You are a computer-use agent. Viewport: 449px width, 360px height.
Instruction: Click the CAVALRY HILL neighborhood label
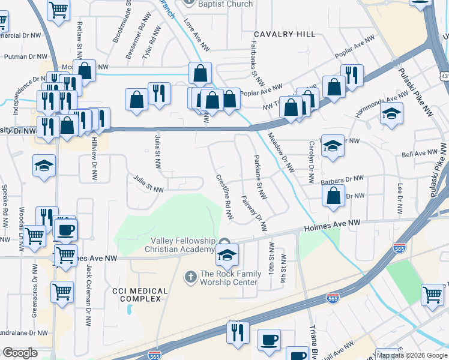click(x=284, y=34)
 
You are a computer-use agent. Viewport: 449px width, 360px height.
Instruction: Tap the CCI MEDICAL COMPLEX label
click(x=140, y=295)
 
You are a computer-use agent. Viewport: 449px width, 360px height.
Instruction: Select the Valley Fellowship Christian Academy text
click(x=182, y=245)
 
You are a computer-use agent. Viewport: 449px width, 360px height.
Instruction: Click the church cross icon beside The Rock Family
click(x=190, y=277)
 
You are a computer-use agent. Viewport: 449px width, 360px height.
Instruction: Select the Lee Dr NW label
click(x=399, y=199)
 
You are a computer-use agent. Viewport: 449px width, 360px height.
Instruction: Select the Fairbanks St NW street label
click(x=256, y=62)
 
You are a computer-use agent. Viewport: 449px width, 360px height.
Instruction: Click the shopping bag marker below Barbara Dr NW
click(x=333, y=196)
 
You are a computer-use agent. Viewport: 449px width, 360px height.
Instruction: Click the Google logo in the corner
click(x=20, y=353)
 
